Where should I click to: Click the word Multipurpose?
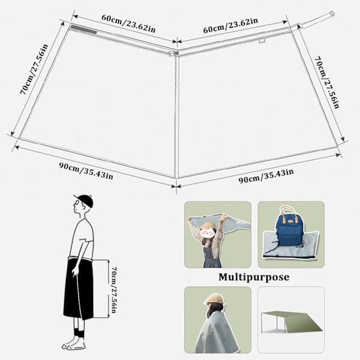(x=254, y=277)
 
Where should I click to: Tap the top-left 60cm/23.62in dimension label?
(x=128, y=24)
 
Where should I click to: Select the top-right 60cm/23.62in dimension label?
(x=230, y=25)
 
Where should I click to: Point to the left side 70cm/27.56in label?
(x=34, y=70)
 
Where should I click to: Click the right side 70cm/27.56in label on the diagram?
(x=326, y=82)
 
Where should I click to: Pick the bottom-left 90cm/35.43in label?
(x=86, y=170)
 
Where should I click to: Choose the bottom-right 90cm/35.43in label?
(x=266, y=176)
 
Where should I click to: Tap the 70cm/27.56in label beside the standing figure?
(x=114, y=290)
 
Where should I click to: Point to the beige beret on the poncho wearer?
(x=214, y=299)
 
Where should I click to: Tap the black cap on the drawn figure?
(x=84, y=200)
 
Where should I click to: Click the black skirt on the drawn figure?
(x=79, y=289)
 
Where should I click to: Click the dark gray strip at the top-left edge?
(x=83, y=30)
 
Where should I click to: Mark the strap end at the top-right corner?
(x=332, y=14)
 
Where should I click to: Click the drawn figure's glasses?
(x=77, y=203)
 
